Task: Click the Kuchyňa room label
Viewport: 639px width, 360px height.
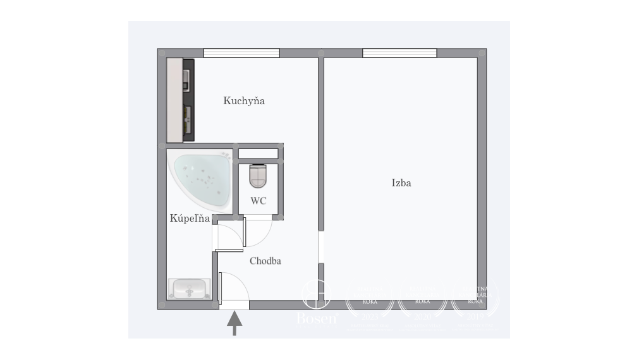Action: pyautogui.click(x=243, y=100)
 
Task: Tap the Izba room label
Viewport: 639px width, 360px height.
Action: pyautogui.click(x=401, y=183)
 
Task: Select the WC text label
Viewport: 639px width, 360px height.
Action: pyautogui.click(x=258, y=201)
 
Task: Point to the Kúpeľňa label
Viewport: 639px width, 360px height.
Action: pyautogui.click(x=190, y=219)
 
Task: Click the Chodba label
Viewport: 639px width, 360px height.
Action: pyautogui.click(x=265, y=261)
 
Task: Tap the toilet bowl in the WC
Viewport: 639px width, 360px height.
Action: pyautogui.click(x=259, y=176)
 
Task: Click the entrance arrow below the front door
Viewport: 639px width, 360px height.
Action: pyautogui.click(x=234, y=323)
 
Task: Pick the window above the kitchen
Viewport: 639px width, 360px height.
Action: pyautogui.click(x=241, y=53)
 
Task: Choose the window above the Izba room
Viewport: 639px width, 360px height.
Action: pyautogui.click(x=399, y=53)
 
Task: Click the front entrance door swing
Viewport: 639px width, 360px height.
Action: pyautogui.click(x=234, y=288)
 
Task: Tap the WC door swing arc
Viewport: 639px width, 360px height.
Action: pyautogui.click(x=258, y=231)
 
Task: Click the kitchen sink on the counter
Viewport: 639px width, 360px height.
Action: pyautogui.click(x=187, y=116)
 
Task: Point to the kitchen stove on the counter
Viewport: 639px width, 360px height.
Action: pyautogui.click(x=187, y=77)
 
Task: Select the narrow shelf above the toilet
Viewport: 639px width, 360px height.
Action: pyautogui.click(x=258, y=153)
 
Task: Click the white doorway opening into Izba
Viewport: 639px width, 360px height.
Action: pyautogui.click(x=321, y=247)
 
